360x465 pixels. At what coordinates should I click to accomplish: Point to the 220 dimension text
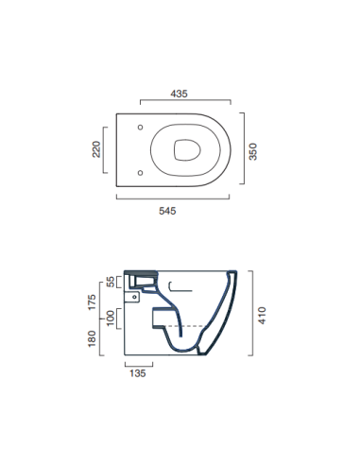click(x=96, y=148)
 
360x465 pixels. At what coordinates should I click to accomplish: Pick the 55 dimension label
click(x=111, y=281)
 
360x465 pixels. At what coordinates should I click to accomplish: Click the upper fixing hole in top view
click(x=140, y=128)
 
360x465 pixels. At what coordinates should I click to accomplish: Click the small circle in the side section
click(x=136, y=296)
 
